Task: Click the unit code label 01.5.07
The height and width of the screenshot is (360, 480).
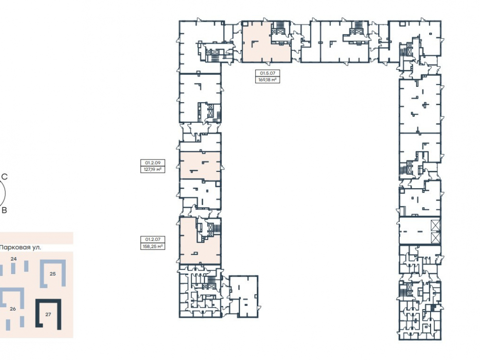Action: pos(268,73)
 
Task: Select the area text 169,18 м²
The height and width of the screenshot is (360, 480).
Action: pos(268,80)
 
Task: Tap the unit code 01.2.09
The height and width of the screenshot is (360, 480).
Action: pos(153,163)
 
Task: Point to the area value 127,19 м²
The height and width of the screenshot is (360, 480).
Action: pos(153,169)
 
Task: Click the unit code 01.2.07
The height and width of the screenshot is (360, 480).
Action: pos(153,240)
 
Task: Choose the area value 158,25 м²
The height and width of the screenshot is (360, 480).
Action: pos(153,246)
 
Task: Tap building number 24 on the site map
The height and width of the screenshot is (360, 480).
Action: pos(13,259)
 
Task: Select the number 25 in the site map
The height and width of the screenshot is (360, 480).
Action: pos(53,274)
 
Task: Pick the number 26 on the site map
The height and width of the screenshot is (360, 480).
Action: pos(12,309)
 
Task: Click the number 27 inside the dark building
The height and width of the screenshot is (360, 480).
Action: pos(48,314)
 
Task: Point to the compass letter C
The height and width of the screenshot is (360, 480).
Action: pos(5,177)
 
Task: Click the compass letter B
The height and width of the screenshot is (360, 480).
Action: pos(4,210)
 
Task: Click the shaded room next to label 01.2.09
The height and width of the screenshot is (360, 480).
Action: pos(200,166)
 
